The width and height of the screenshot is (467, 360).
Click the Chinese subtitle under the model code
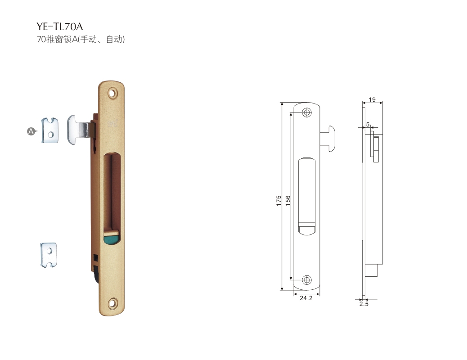[80, 40]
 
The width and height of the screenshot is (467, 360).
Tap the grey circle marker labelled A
[31, 131]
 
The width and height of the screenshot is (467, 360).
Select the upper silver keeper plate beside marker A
[51, 131]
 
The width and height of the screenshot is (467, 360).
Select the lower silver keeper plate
[49, 255]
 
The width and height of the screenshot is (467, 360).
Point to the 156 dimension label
[288, 200]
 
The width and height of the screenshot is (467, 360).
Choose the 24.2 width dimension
[306, 298]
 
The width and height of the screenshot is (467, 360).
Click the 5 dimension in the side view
[368, 124]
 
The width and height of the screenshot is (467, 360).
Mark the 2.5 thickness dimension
[364, 304]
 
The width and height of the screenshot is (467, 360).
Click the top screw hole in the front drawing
[306, 112]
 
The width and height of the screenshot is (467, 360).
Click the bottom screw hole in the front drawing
[306, 279]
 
